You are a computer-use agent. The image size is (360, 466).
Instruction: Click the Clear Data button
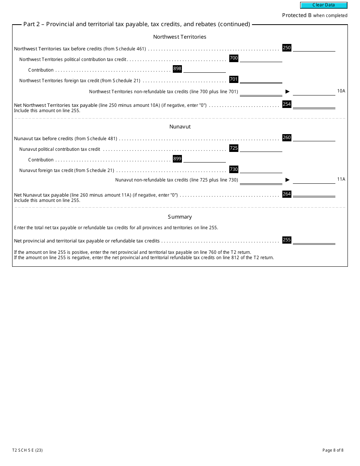click(x=324, y=5)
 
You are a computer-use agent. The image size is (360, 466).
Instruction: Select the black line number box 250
click(x=287, y=48)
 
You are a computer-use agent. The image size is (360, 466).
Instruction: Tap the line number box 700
click(x=234, y=58)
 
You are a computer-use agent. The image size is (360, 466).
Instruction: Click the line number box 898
click(x=177, y=69)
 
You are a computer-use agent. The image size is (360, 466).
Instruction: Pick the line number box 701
click(x=234, y=79)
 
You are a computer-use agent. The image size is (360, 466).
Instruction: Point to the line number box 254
click(x=287, y=104)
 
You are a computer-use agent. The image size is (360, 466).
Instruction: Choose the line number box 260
click(x=287, y=138)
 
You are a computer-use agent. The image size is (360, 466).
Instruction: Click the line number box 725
click(x=234, y=148)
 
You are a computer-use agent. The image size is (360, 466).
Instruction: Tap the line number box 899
click(x=177, y=159)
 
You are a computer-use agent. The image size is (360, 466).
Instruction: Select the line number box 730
click(x=234, y=169)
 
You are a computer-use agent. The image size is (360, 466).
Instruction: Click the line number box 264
click(x=287, y=194)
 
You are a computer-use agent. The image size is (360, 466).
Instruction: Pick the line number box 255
click(x=287, y=240)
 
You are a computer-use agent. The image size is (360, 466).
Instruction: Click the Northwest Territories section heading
click(x=180, y=37)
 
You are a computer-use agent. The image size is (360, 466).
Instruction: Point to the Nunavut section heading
click(x=180, y=127)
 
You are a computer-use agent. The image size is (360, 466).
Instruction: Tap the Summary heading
click(x=180, y=217)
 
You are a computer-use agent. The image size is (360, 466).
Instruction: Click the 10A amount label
click(x=341, y=91)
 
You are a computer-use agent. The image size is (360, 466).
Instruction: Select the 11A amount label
click(x=341, y=179)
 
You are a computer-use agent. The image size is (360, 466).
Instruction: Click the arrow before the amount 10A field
click(x=287, y=92)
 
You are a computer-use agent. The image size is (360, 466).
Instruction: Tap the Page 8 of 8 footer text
click(x=333, y=450)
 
